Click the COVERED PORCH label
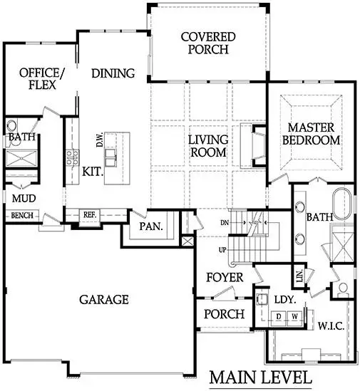[204, 43]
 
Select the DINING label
[113, 73]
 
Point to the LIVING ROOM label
[207, 145]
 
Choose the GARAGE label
[104, 299]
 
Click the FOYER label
[225, 277]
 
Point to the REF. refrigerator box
[90, 214]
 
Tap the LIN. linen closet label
[298, 274]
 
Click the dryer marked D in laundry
[279, 315]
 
